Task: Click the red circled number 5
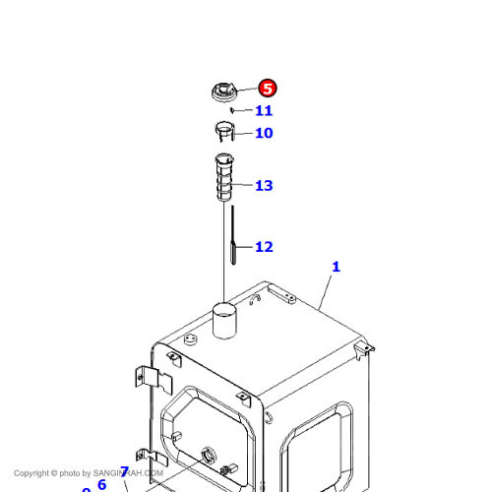pyautogui.click(x=268, y=90)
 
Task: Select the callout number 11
pyautogui.click(x=264, y=111)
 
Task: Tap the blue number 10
pyautogui.click(x=264, y=133)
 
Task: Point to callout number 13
pyautogui.click(x=264, y=185)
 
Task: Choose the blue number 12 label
pyautogui.click(x=264, y=247)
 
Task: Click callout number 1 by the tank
pyautogui.click(x=336, y=267)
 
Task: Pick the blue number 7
pyautogui.click(x=125, y=471)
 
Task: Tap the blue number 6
pyautogui.click(x=101, y=483)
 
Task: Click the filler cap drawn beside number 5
pyautogui.click(x=221, y=92)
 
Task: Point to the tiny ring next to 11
pyautogui.click(x=233, y=110)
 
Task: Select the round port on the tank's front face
pyautogui.click(x=208, y=456)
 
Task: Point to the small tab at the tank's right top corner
pyautogui.click(x=364, y=347)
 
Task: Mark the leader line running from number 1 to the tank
pyautogui.click(x=328, y=292)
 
